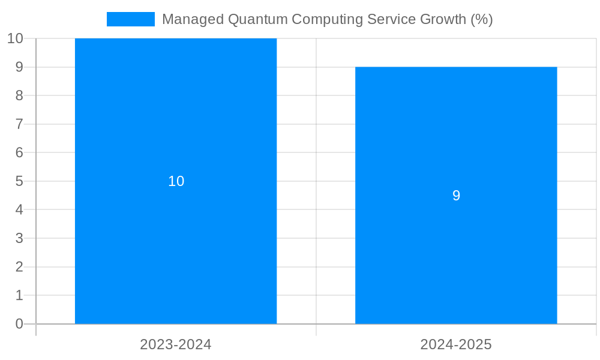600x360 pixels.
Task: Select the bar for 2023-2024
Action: tap(176, 240)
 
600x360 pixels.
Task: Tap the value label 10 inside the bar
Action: tap(176, 181)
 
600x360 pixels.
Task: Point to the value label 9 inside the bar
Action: tap(456, 196)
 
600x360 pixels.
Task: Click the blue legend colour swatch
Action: tap(130, 19)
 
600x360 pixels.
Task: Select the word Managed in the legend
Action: tap(193, 19)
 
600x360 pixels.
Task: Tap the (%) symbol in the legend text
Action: tap(481, 19)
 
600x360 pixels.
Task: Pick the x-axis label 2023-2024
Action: tap(176, 344)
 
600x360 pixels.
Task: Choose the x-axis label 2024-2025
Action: tap(456, 344)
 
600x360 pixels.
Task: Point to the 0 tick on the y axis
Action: tap(19, 324)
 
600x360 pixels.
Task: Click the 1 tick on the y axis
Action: tap(19, 295)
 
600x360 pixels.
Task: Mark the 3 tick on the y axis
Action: tap(19, 238)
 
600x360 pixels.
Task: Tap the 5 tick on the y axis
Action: tap(19, 181)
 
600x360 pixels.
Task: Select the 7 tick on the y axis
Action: tap(19, 124)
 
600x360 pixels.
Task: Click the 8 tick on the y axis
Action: tap(19, 95)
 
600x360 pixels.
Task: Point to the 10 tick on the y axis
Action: tap(15, 38)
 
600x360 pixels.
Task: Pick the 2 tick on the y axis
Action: tap(19, 267)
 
